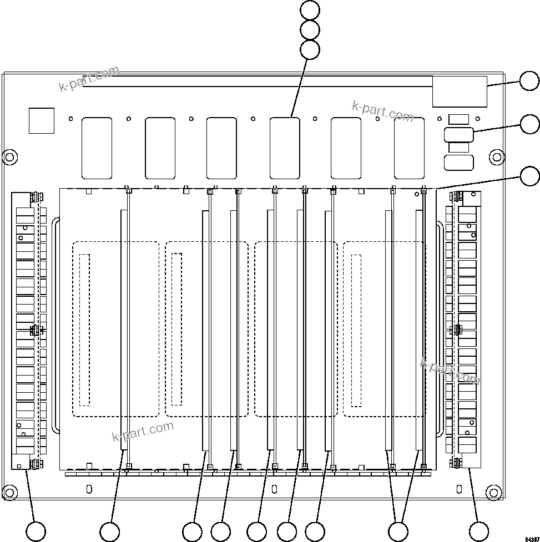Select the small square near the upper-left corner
coord(42,121)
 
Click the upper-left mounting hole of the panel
coord(9,157)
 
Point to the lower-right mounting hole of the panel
coord(493,492)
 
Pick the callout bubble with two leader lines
coord(398,531)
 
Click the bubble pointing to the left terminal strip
coord(37,531)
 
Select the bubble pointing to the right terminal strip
coord(478,531)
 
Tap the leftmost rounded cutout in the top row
coord(97,148)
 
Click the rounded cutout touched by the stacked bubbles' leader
coord(285,148)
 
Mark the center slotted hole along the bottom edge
coord(274,489)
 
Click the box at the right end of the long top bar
coord(460,91)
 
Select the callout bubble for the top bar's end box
coord(529,82)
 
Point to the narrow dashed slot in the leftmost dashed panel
coord(84,329)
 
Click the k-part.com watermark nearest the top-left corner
coord(89,79)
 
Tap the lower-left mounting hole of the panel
coord(9,492)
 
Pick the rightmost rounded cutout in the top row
coord(409,148)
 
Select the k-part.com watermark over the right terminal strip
coord(450,371)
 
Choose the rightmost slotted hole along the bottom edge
coord(459,489)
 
